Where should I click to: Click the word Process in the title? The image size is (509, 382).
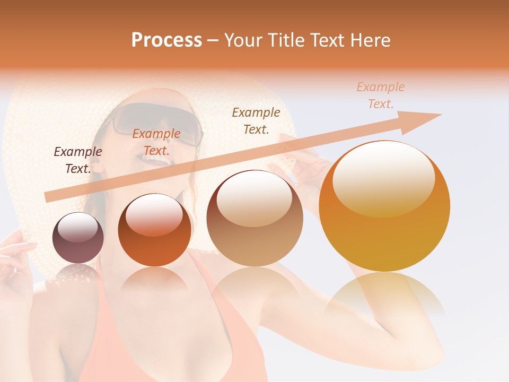(x=166, y=40)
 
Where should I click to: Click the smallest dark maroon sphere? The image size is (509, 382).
(x=78, y=238)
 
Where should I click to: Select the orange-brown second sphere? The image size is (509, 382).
(x=154, y=230)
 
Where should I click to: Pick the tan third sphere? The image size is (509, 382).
(x=255, y=219)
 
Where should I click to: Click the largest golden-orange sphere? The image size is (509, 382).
(x=384, y=206)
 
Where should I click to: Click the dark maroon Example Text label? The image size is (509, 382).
(x=78, y=160)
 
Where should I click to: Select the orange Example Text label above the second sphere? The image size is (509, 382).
(x=156, y=142)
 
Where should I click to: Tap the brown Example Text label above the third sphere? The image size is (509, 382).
(x=256, y=120)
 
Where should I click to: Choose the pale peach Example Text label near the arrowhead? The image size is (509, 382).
(x=381, y=95)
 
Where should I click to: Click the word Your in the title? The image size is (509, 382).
(x=243, y=40)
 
